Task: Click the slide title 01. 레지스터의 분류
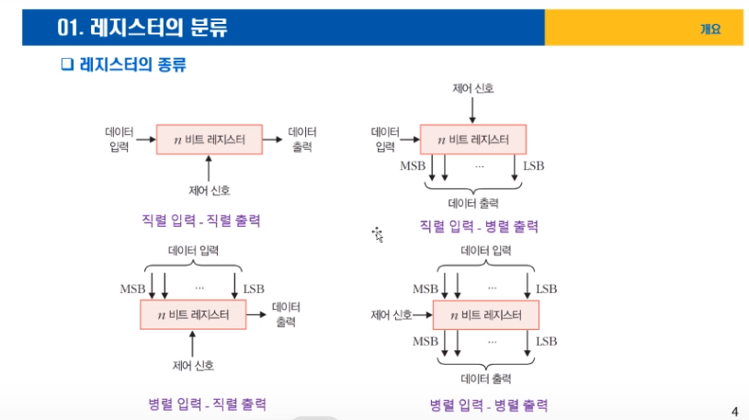142,28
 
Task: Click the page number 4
734,411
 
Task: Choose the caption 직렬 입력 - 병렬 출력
478,226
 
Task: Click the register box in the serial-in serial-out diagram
210,140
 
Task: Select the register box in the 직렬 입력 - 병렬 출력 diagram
473,140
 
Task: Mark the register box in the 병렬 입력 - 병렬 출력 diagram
485,315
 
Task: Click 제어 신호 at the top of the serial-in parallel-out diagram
472,88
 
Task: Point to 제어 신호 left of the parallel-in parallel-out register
392,315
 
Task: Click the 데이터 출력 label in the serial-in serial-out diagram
301,139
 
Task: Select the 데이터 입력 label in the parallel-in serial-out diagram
193,250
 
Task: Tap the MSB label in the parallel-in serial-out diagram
133,289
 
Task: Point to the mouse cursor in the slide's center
377,233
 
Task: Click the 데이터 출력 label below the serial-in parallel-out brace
472,203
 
